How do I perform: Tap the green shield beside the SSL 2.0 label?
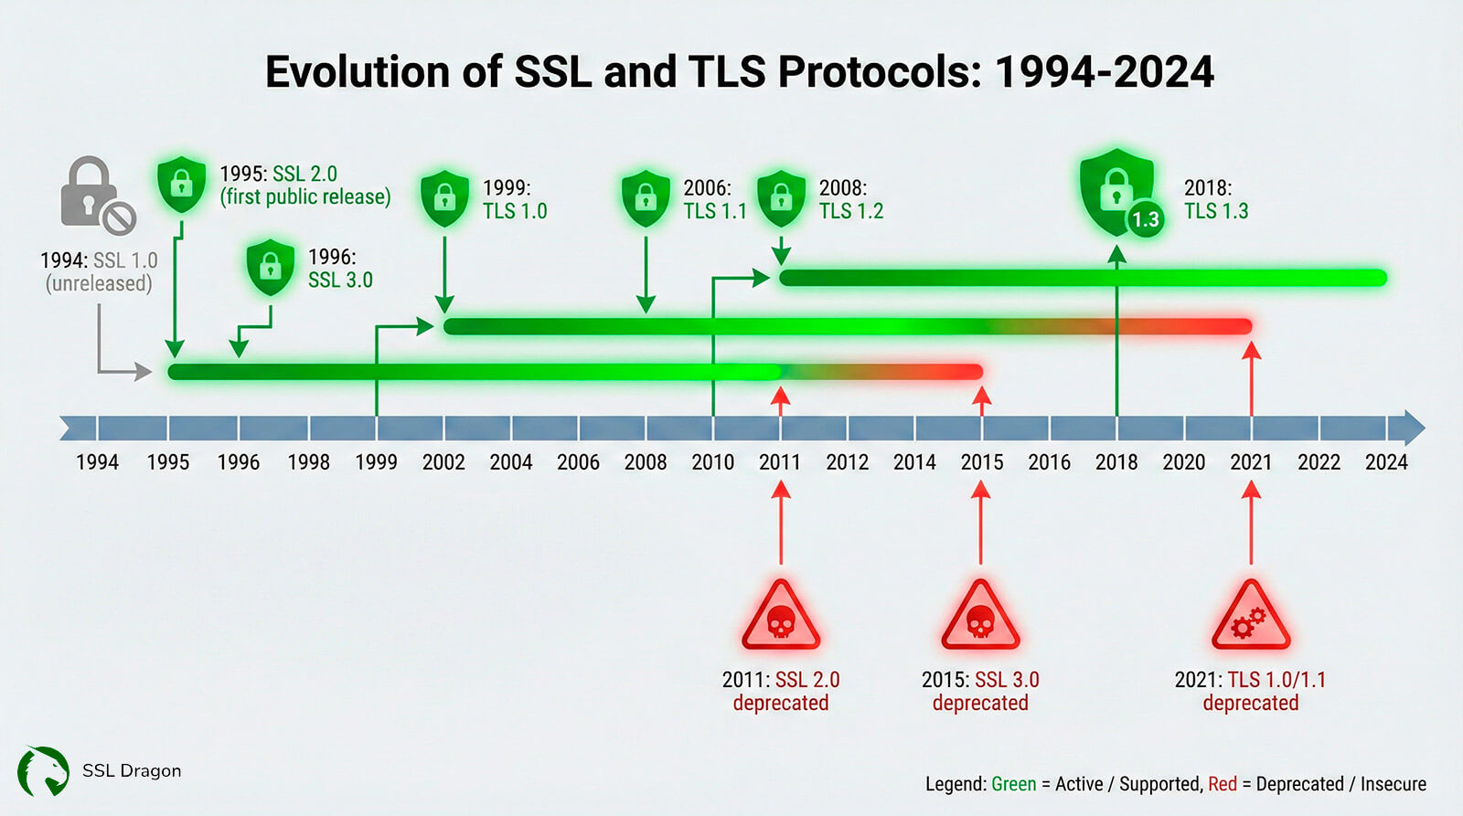pos(182,184)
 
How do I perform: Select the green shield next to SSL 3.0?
pos(271,266)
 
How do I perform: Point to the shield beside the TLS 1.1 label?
pos(646,197)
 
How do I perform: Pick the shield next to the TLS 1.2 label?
pos(781,197)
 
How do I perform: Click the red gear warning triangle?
pos(1251,616)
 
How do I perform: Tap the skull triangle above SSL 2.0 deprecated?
pos(781,616)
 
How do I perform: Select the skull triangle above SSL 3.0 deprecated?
pos(980,616)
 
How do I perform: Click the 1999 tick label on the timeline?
pos(376,462)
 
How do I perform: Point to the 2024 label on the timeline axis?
pos(1386,462)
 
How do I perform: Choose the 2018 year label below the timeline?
pos(1116,462)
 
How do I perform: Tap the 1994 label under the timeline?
pos(97,462)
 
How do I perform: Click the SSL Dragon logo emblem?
pos(43,771)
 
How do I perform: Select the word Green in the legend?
pos(1014,784)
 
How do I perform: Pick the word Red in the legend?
pos(1223,784)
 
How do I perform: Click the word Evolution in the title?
pos(384,71)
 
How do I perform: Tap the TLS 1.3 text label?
pos(1216,211)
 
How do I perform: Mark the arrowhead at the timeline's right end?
pos(1414,429)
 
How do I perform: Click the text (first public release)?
pos(305,196)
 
